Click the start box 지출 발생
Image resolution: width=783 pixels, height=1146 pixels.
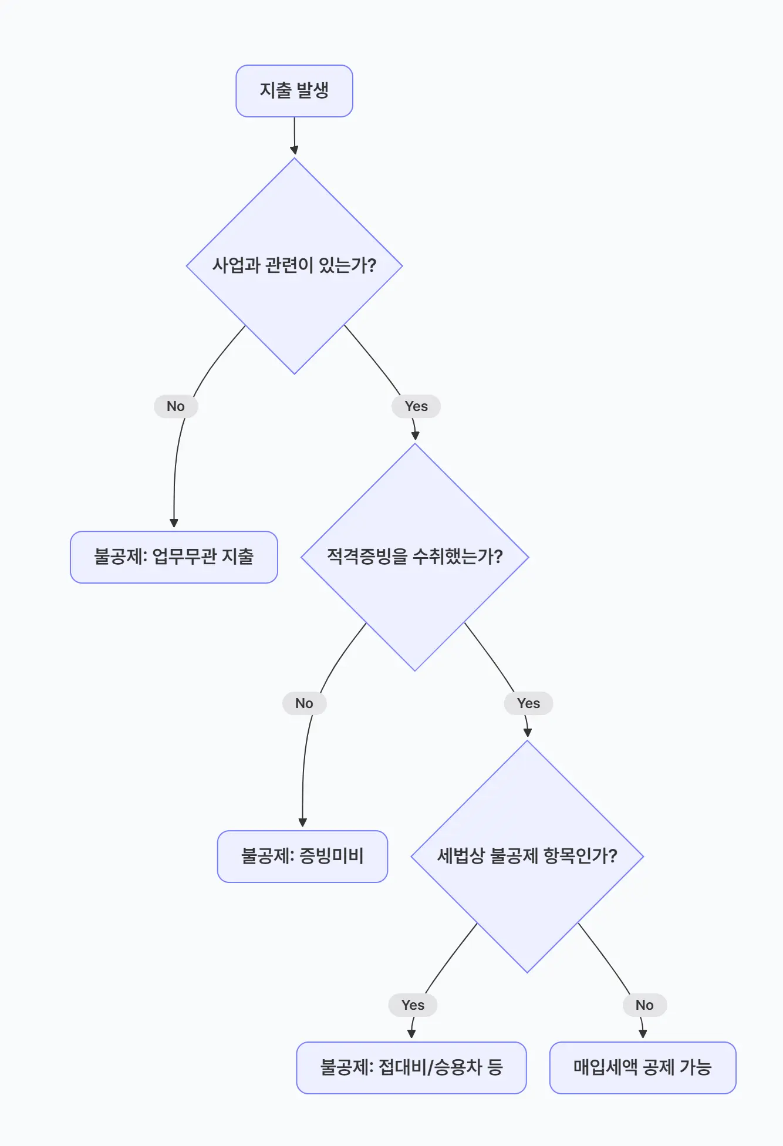point(294,91)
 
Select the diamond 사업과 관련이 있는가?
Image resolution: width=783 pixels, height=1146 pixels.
point(294,265)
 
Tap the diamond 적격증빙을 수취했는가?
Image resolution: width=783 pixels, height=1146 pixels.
point(414,557)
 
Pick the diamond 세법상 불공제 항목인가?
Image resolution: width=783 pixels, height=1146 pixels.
point(527,856)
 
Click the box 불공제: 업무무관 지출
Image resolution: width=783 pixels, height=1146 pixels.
point(174,557)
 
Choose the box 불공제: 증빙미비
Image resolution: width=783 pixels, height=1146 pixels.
point(302,856)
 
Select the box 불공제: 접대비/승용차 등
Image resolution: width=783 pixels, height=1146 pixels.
point(411,1067)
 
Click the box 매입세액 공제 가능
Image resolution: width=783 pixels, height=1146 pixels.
point(642,1067)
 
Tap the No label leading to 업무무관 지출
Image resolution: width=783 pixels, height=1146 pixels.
point(176,406)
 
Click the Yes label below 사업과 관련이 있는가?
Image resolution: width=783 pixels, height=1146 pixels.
point(416,406)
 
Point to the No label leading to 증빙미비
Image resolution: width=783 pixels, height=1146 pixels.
point(304,703)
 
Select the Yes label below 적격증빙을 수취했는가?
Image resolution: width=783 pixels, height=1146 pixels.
point(528,703)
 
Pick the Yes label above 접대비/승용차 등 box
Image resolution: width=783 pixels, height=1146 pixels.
point(413,1005)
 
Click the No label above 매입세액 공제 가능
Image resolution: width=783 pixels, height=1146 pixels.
point(644,1005)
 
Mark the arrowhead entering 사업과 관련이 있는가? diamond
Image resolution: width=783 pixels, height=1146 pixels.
point(294,151)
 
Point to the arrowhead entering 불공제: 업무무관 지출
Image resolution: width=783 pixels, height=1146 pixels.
point(174,524)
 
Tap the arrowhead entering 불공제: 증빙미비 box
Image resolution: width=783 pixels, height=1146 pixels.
point(302,823)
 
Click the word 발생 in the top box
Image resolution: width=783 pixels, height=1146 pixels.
point(312,91)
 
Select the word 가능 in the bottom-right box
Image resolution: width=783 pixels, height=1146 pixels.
point(696,1067)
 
